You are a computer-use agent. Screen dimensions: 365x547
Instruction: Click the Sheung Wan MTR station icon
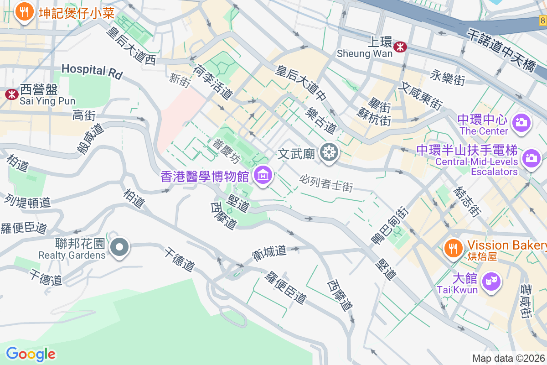400,47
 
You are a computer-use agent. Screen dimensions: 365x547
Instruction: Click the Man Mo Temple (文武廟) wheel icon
328,152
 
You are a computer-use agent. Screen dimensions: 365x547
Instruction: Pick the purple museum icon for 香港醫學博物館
263,175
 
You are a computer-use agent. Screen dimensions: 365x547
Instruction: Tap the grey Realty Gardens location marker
119,247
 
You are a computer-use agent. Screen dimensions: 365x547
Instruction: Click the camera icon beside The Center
520,122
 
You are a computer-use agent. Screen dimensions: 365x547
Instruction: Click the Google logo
31,354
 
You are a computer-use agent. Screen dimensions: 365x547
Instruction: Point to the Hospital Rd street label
92,71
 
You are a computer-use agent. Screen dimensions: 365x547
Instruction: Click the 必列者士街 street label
326,182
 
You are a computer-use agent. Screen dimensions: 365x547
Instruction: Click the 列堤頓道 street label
27,200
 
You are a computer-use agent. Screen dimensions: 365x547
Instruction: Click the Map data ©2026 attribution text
508,358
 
